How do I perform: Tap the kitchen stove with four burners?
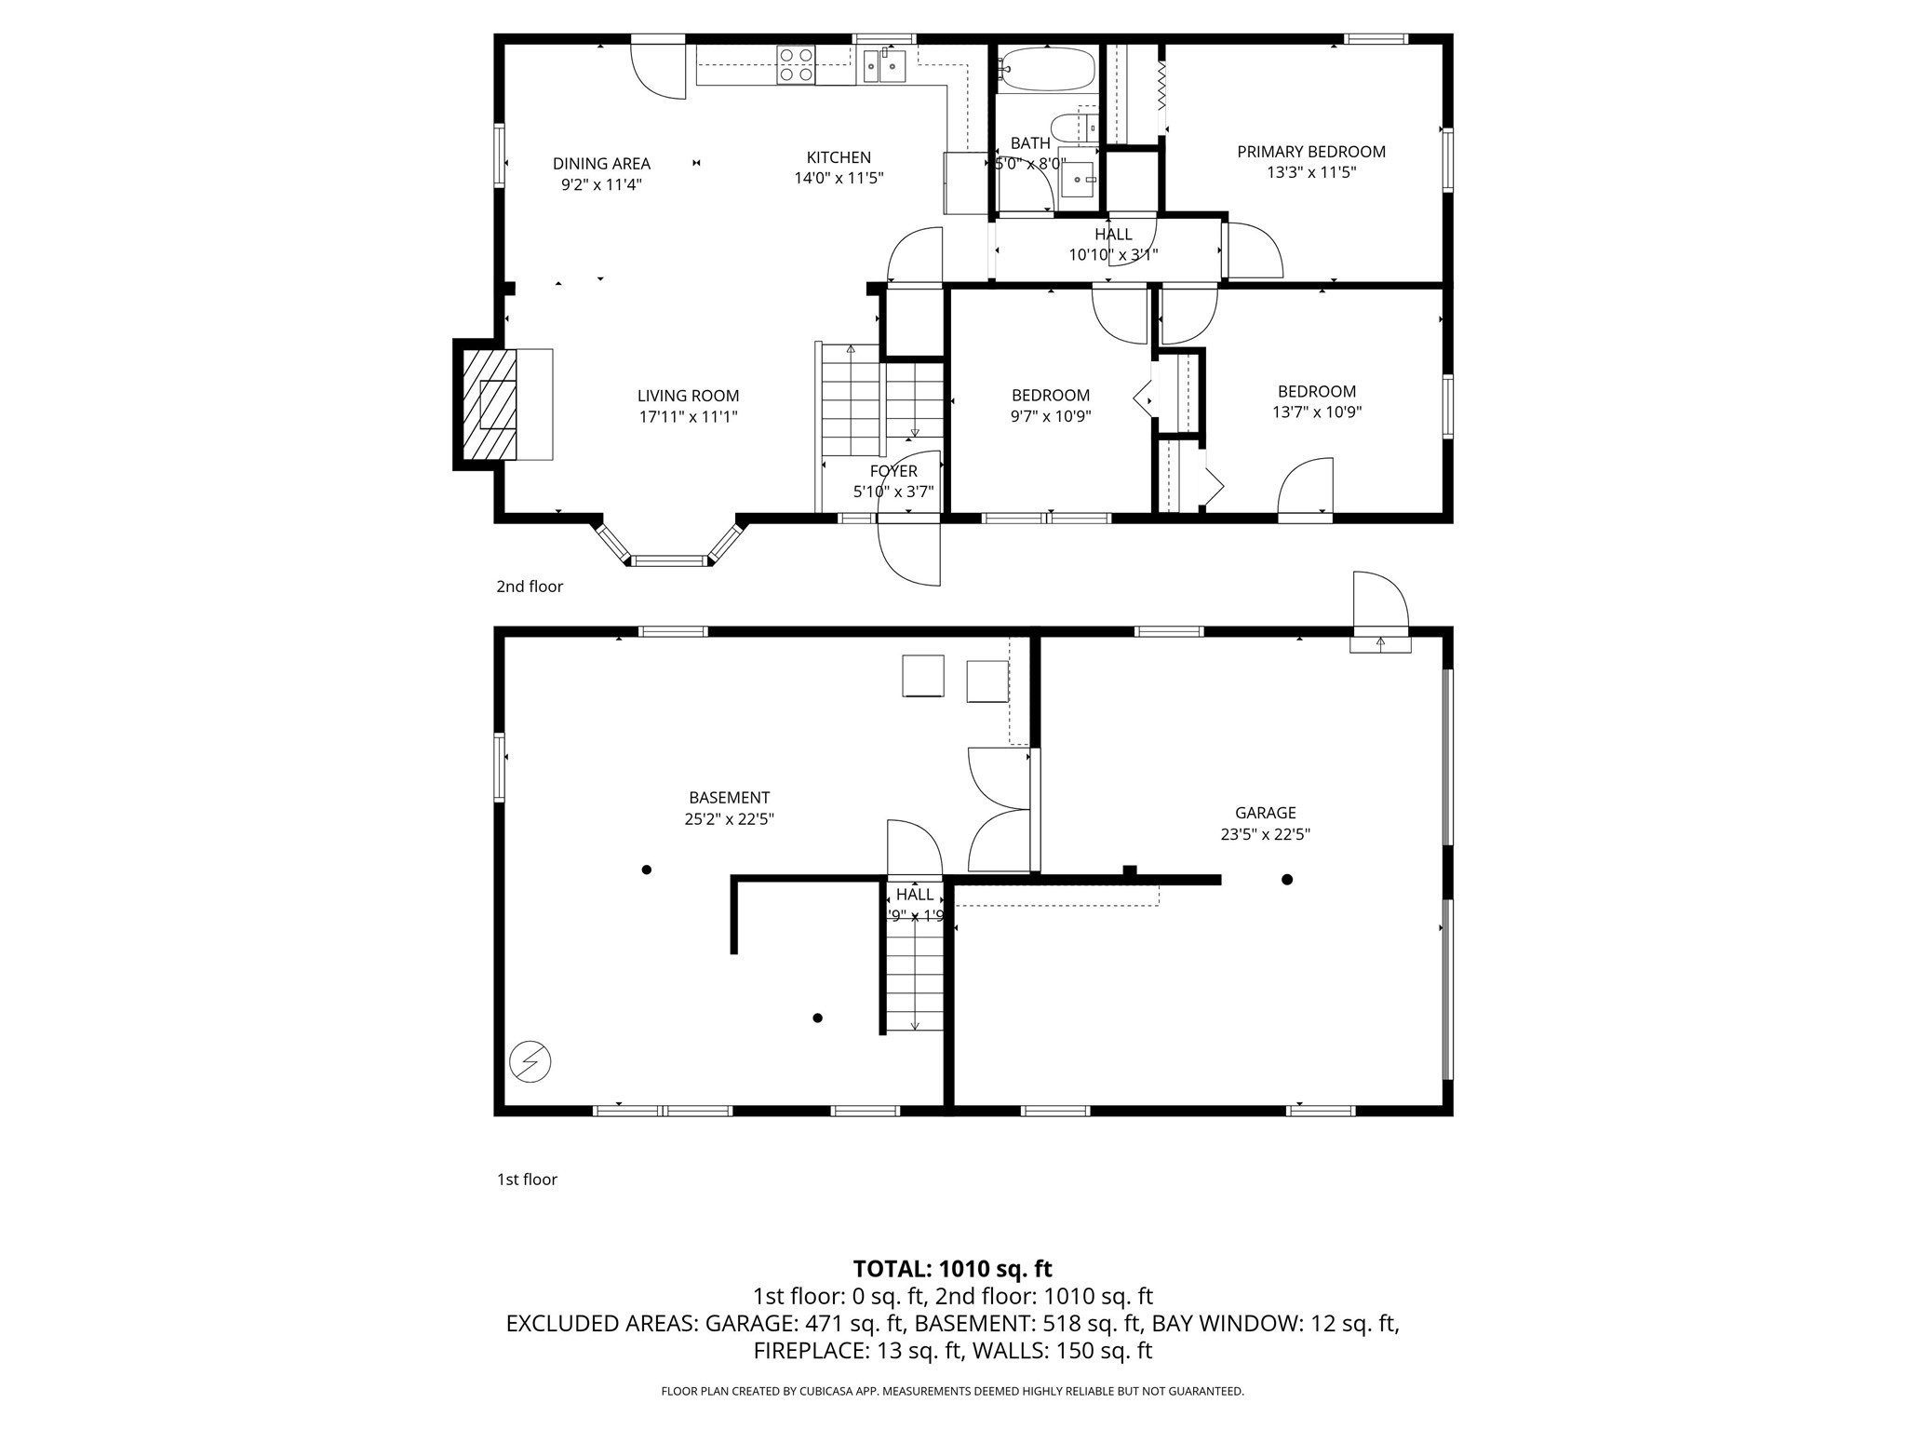click(796, 65)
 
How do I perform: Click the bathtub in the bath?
click(1047, 69)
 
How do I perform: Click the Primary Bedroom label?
click(1310, 152)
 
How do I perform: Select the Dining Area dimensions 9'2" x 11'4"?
click(601, 184)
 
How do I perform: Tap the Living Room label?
click(688, 396)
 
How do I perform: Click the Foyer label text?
click(893, 471)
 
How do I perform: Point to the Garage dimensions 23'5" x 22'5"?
click(1265, 834)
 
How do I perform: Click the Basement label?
click(729, 798)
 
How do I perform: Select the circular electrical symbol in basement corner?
click(530, 1060)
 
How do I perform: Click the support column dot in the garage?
click(1287, 879)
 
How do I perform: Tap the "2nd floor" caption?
click(529, 587)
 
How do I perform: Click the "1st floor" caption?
click(527, 1180)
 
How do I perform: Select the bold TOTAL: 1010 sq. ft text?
click(952, 1269)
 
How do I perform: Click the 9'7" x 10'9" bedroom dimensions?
click(1051, 416)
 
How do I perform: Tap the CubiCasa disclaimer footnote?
click(952, 1391)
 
